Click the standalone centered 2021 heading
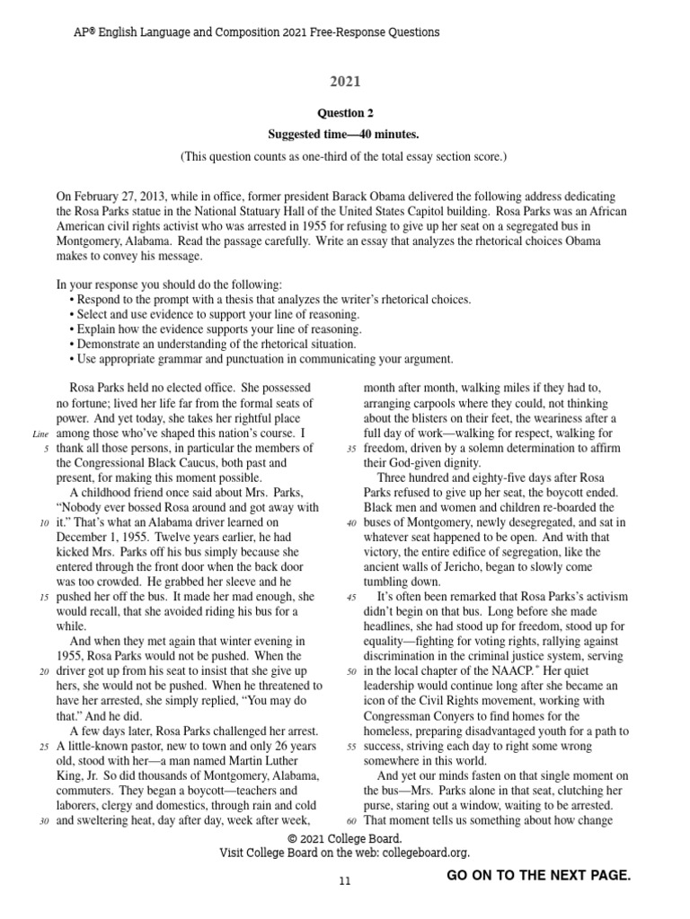tap(345, 83)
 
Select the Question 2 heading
tap(345, 114)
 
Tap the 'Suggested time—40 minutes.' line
tap(345, 135)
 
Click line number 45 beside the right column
tap(350, 597)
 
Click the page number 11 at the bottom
tap(345, 882)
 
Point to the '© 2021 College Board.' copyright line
tap(345, 838)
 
